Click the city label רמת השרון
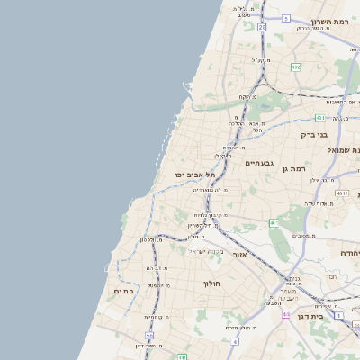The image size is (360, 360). (329, 21)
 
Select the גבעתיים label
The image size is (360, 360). (258, 163)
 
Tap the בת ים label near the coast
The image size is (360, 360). (124, 291)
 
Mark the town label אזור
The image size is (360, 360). (239, 255)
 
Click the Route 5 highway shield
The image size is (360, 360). (286, 18)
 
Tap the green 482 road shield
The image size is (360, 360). (295, 67)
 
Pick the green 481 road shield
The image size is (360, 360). (320, 117)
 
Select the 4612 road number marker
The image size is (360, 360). (341, 193)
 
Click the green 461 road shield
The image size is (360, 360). (273, 222)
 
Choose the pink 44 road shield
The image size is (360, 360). (285, 315)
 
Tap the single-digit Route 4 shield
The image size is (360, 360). (233, 342)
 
